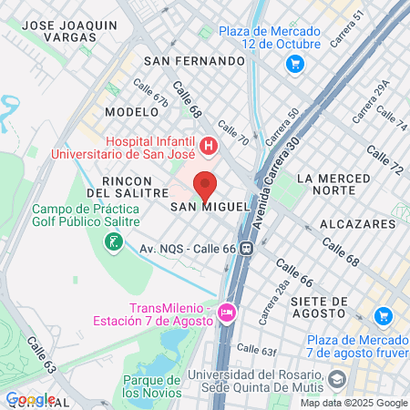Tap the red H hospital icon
point(209,145)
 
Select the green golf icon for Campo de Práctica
point(114,242)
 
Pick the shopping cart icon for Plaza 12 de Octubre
point(294,64)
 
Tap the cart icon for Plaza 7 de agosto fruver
point(384,316)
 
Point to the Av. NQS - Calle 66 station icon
point(245,248)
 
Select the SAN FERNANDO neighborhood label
point(195,61)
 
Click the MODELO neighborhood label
point(132,111)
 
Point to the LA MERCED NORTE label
point(333,184)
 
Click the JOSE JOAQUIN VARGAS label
point(69,31)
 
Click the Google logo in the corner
point(30,399)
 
